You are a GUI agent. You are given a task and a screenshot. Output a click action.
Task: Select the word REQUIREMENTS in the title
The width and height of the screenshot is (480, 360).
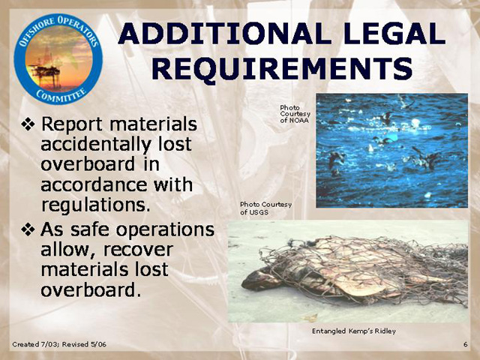point(282,69)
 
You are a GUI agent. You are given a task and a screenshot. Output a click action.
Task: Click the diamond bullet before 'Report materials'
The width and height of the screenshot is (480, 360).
point(28,124)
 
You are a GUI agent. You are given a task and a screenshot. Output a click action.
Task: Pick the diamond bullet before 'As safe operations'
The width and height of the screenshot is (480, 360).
point(28,229)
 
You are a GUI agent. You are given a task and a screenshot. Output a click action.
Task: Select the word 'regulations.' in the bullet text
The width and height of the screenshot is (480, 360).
point(96,205)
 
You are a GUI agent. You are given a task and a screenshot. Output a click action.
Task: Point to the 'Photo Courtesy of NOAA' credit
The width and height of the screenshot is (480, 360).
point(295,114)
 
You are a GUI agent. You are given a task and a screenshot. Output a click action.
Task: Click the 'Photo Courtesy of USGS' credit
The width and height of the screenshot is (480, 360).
point(265,208)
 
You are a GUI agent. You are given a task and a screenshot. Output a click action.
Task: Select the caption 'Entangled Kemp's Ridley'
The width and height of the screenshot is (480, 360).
point(353,331)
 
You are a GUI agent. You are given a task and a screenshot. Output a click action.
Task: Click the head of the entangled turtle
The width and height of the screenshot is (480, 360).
point(257,279)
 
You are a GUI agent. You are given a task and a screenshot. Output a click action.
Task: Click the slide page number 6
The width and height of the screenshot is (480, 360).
point(465,344)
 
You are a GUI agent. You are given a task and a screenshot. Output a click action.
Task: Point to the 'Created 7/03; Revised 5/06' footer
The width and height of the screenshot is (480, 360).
point(59,344)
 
